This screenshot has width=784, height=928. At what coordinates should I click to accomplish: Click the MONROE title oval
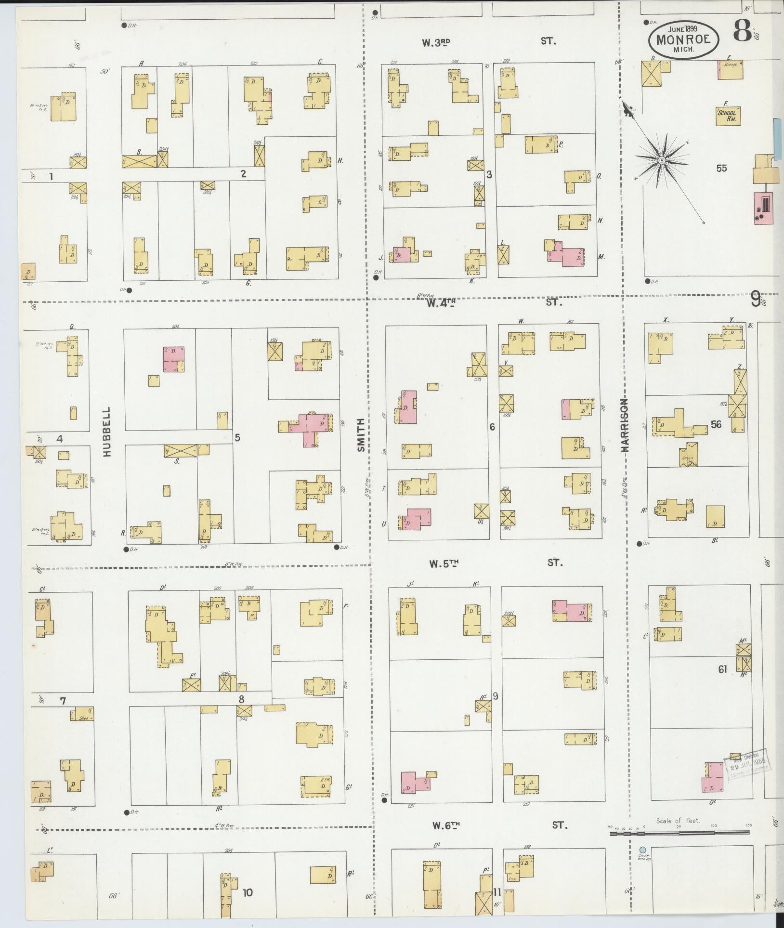[x=684, y=40]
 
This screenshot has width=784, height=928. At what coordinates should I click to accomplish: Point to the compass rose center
[x=662, y=160]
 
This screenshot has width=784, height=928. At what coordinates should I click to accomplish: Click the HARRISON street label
[x=625, y=425]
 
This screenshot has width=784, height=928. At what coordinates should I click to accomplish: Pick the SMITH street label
[x=362, y=435]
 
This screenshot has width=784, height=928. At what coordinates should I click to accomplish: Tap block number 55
[x=721, y=169]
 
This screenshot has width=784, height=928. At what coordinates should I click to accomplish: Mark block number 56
[x=716, y=424]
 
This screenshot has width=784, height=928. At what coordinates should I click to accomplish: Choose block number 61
[x=722, y=669]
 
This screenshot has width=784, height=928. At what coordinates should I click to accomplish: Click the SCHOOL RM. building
[x=727, y=116]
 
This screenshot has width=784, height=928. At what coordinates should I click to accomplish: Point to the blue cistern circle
[x=642, y=850]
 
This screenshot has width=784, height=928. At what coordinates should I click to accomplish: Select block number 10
[x=248, y=893]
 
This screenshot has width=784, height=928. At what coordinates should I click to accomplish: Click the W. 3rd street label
[x=436, y=42]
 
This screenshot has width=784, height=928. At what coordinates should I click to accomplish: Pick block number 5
[x=237, y=437]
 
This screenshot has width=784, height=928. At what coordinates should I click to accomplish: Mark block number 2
[x=244, y=174]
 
